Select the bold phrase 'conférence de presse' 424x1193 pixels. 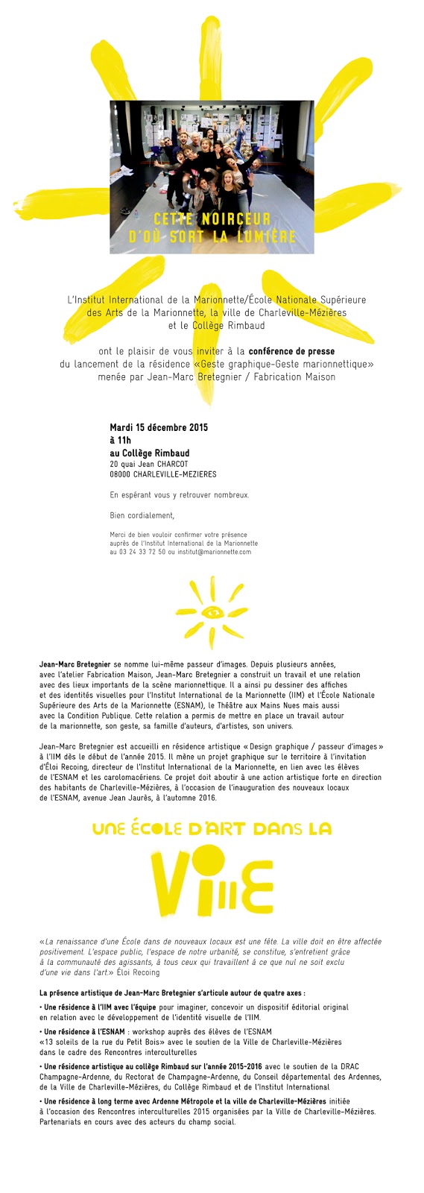[291, 351]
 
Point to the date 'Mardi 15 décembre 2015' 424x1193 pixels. [159, 427]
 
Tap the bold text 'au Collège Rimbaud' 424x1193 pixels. [149, 453]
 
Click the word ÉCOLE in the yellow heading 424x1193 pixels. [160, 828]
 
